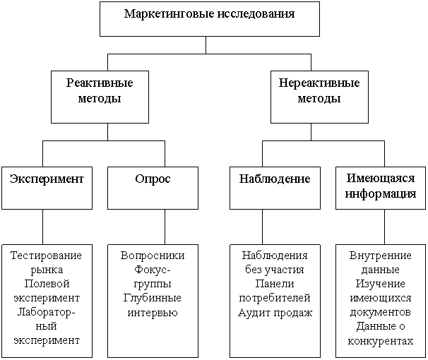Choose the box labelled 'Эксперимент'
click(x=47, y=187)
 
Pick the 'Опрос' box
click(x=153, y=187)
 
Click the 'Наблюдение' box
click(x=275, y=187)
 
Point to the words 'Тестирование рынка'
click(x=47, y=262)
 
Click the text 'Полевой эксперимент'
click(x=47, y=291)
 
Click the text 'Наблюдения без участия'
click(x=275, y=262)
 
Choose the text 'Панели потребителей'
click(x=275, y=291)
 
